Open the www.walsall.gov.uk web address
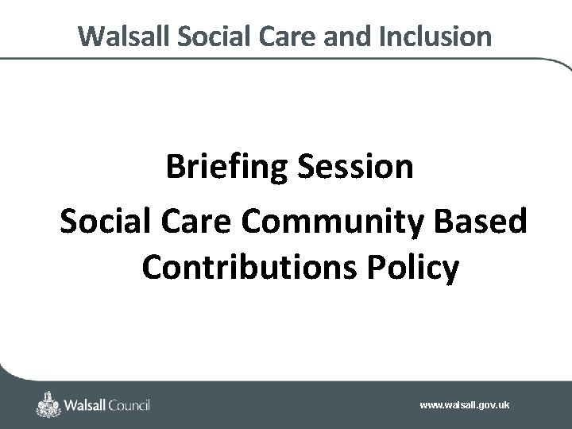point(465,405)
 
